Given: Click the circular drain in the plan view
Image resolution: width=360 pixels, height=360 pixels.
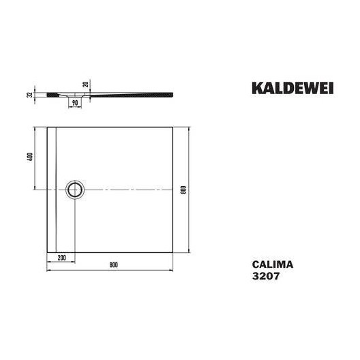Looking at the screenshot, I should pos(75,188).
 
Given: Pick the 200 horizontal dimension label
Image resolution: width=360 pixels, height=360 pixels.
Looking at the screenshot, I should pos(61,258).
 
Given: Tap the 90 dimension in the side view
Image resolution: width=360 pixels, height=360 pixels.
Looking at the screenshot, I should pos(74,102).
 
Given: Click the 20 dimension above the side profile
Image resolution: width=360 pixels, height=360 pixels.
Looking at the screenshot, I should pos(85,85).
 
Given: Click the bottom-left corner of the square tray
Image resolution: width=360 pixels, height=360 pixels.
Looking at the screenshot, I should pos(46,251).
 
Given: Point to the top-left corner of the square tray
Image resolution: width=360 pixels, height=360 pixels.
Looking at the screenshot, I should pos(46,126).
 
